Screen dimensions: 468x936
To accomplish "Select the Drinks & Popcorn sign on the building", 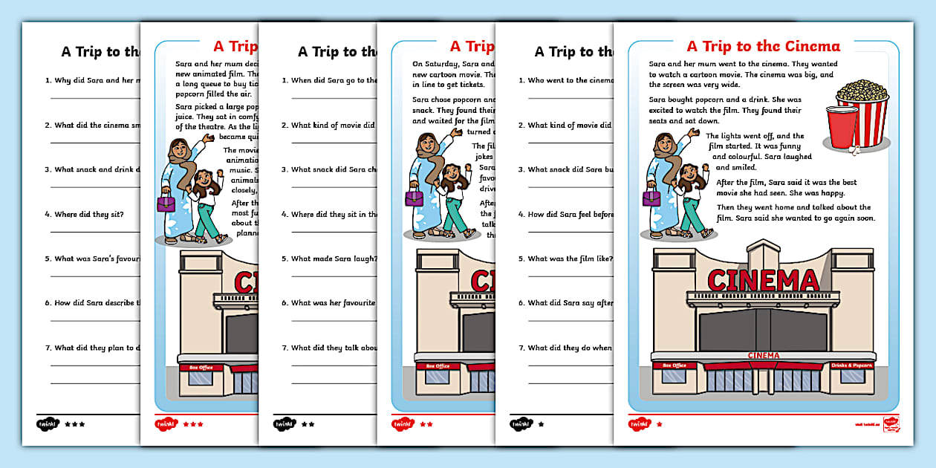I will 851,365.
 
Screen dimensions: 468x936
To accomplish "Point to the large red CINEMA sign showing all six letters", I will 763,281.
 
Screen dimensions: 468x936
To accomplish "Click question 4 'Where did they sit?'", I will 88,215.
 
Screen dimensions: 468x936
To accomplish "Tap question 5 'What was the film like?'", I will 569,259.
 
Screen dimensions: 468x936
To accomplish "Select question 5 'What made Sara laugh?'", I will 334,259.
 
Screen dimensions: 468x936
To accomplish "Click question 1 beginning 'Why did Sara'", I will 97,80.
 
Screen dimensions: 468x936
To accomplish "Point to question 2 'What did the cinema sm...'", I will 97,126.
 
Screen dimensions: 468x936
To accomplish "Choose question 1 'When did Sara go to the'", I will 334,80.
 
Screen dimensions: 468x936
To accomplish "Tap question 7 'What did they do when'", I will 569,348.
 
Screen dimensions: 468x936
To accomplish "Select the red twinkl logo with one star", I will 640,424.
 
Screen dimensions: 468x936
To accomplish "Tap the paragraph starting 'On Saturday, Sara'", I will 453,74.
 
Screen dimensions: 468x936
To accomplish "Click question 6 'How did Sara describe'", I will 97,303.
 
